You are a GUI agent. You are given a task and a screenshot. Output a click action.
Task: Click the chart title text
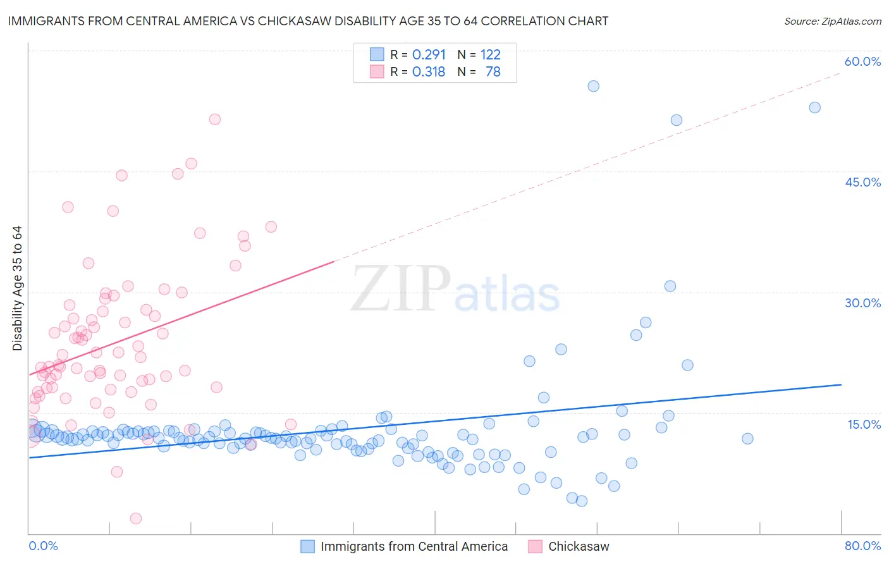click(x=308, y=21)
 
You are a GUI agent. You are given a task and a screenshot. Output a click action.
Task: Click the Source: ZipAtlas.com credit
click(x=832, y=21)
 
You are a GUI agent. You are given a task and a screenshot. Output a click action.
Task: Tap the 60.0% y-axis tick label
click(x=862, y=61)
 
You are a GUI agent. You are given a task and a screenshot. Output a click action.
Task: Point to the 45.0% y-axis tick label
click(x=862, y=182)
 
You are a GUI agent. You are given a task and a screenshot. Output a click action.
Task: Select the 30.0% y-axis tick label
click(x=862, y=303)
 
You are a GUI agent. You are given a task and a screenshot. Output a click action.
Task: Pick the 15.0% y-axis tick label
click(x=864, y=424)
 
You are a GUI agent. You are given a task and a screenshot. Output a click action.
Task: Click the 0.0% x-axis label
click(x=43, y=546)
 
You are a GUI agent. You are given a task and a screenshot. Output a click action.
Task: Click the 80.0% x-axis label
click(x=862, y=546)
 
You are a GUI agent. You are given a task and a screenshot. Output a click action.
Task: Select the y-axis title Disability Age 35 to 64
click(x=17, y=288)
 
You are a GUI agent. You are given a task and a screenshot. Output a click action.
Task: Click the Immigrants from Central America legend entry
click(x=414, y=546)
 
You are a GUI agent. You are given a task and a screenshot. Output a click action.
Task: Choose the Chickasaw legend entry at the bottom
click(x=578, y=546)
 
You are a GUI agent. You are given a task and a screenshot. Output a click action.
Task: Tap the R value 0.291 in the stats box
click(x=429, y=55)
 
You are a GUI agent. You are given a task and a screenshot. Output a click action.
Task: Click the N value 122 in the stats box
click(x=490, y=55)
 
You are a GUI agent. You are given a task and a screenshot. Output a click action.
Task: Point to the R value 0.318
click(x=429, y=72)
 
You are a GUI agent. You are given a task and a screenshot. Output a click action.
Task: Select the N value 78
click(x=493, y=72)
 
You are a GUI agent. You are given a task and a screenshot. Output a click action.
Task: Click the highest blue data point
click(x=593, y=86)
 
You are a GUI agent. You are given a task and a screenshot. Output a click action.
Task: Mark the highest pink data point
click(x=215, y=119)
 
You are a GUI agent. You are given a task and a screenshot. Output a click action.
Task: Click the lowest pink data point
click(x=135, y=518)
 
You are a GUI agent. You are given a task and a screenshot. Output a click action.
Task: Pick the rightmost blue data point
click(x=814, y=107)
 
